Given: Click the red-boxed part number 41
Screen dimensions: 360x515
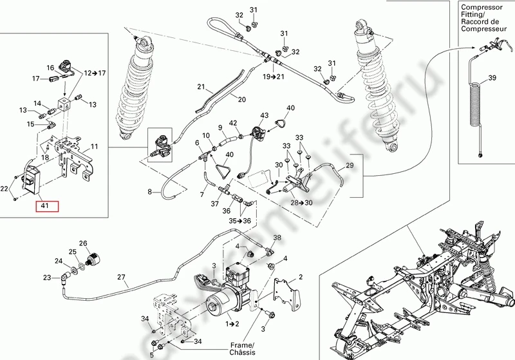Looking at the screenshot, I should click(46, 207).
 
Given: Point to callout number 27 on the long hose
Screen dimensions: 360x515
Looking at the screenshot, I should click(121, 278).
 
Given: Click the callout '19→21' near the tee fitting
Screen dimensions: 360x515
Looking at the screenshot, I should click(272, 77).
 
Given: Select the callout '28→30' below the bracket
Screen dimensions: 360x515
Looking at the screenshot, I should click(301, 203).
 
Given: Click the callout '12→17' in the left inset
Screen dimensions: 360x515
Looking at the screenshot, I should click(93, 73).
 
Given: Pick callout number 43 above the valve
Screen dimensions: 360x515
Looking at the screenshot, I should click(264, 115).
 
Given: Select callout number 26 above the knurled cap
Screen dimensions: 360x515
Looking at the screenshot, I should click(82, 243).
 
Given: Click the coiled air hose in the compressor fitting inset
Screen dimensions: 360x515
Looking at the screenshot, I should click(478, 106).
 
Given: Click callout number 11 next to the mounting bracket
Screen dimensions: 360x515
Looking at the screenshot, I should click(95, 147).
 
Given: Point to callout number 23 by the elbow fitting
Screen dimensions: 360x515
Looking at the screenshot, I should click(47, 278).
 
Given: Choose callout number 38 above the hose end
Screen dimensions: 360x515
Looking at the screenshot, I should click(277, 238).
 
